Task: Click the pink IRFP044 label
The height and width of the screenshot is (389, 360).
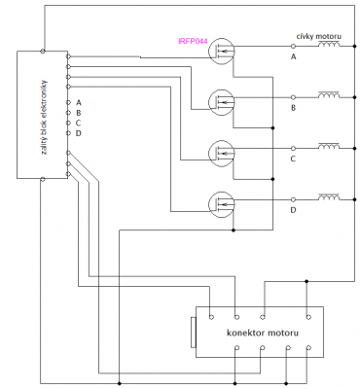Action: pyautogui.click(x=193, y=41)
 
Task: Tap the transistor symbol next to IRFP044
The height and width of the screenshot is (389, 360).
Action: pyautogui.click(x=221, y=52)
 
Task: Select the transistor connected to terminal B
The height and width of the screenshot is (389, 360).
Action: pyautogui.click(x=221, y=102)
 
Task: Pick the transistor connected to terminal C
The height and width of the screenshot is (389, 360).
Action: pyautogui.click(x=221, y=154)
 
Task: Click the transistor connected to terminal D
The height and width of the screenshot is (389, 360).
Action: pyautogui.click(x=221, y=204)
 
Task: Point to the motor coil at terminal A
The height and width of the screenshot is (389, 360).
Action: pyautogui.click(x=329, y=45)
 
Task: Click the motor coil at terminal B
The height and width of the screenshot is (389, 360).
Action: pyautogui.click(x=329, y=95)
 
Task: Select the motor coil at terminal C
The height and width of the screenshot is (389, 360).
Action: pyautogui.click(x=329, y=146)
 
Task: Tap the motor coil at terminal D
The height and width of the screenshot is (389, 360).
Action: pyautogui.click(x=329, y=197)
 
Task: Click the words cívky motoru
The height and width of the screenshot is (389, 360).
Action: pyautogui.click(x=319, y=36)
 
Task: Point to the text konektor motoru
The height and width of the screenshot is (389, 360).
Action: pyautogui.click(x=263, y=333)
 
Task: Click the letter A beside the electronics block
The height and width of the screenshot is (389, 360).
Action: pyautogui.click(x=79, y=103)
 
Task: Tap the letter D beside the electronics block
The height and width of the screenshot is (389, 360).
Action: pyautogui.click(x=79, y=133)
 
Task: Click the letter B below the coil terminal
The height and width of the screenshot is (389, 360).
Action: pyautogui.click(x=293, y=108)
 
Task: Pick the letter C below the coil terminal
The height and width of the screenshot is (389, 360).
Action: pyautogui.click(x=293, y=159)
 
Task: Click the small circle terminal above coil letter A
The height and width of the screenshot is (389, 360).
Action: pyautogui.click(x=293, y=46)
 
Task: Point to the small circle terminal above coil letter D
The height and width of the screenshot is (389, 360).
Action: pyautogui.click(x=293, y=199)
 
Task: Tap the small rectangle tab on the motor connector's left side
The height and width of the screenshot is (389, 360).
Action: pyautogui.click(x=194, y=333)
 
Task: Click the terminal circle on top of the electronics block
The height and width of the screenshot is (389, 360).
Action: pyautogui.click(x=43, y=51)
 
